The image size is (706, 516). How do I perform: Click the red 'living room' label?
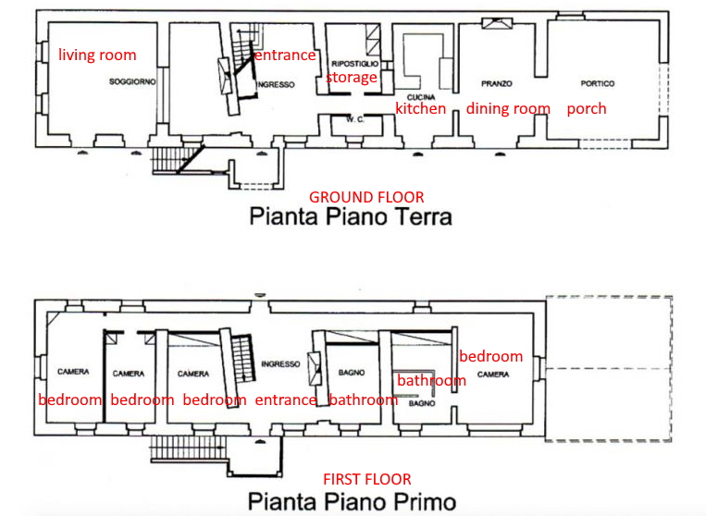click(x=97, y=55)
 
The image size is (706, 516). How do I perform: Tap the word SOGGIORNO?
click(x=132, y=81)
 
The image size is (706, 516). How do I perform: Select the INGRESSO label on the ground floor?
click(x=276, y=84)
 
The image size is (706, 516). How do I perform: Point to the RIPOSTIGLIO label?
click(x=354, y=64)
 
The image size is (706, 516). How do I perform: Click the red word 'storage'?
click(x=352, y=78)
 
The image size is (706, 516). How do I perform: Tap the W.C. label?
click(x=354, y=119)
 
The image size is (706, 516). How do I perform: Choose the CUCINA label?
click(x=421, y=97)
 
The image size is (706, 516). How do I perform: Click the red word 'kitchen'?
click(x=420, y=108)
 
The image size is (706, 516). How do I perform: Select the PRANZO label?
click(x=497, y=83)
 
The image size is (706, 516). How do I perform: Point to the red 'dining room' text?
click(x=508, y=108)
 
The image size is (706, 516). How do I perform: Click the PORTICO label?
click(x=598, y=83)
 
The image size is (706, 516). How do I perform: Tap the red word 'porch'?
click(x=587, y=109)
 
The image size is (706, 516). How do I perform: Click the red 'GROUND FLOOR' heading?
click(x=366, y=197)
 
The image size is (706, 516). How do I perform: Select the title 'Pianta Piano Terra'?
click(x=351, y=216)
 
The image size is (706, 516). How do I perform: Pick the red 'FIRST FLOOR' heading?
click(x=367, y=479)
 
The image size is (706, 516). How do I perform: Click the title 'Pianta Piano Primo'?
click(x=353, y=501)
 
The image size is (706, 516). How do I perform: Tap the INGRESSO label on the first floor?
click(x=280, y=363)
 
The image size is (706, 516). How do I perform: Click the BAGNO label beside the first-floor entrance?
click(x=352, y=373)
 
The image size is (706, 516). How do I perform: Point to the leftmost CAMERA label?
click(x=73, y=372)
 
